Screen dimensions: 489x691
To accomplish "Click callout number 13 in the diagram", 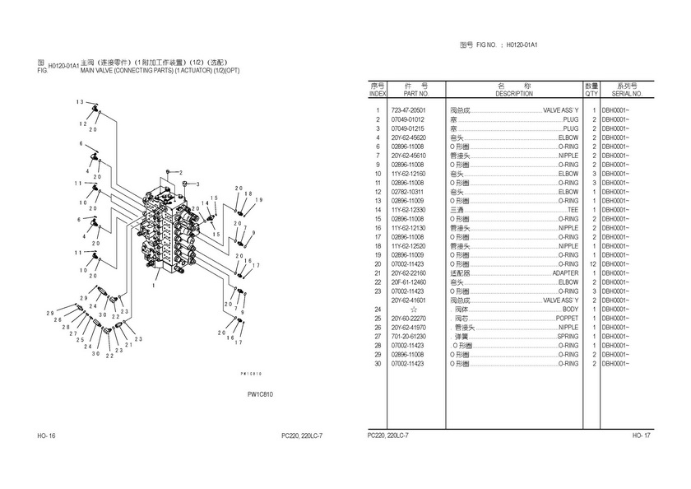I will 81,101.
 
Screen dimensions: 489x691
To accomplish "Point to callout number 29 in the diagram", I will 49,314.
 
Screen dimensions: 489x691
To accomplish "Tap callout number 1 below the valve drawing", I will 154,285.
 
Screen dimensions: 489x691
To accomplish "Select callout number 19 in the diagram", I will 257,200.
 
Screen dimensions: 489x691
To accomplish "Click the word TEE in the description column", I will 573,210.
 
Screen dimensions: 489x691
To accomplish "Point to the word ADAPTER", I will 565,272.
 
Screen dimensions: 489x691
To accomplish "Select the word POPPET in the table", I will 567,318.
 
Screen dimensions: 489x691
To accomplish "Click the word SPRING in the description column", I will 568,336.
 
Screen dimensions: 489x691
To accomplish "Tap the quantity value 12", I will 592,263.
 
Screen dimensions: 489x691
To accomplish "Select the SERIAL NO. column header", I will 625,95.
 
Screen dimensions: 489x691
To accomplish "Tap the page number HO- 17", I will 642,435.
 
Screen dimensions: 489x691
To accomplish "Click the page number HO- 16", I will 46,435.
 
